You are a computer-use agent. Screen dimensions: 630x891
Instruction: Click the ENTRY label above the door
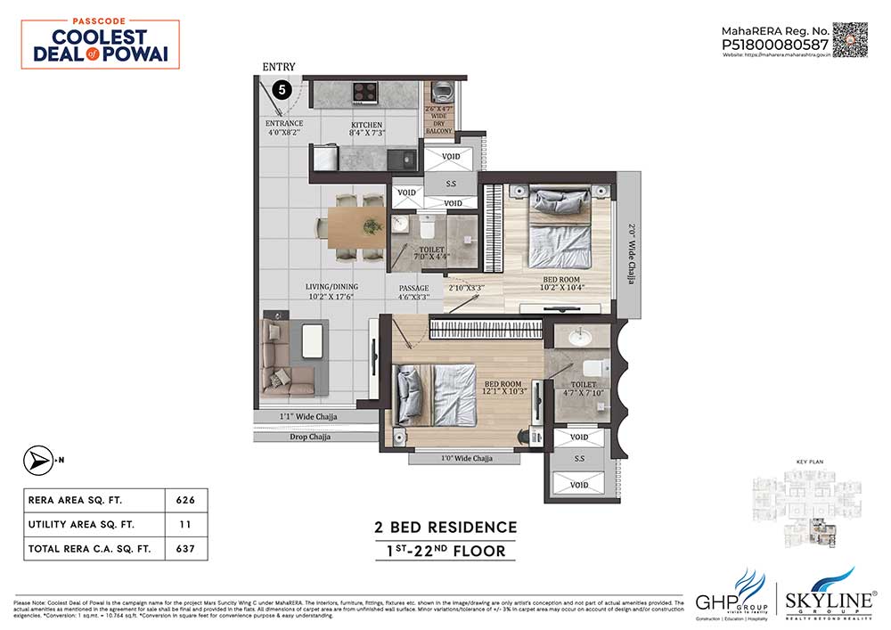pos(279,67)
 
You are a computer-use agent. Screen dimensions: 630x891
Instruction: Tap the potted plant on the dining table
pos(366,227)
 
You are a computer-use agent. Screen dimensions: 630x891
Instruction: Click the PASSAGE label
pos(414,288)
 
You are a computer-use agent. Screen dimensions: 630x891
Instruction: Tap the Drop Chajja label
pos(309,438)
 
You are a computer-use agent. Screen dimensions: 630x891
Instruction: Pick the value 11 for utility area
pos(187,524)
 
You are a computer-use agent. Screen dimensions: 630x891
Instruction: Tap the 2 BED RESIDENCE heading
pos(445,527)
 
